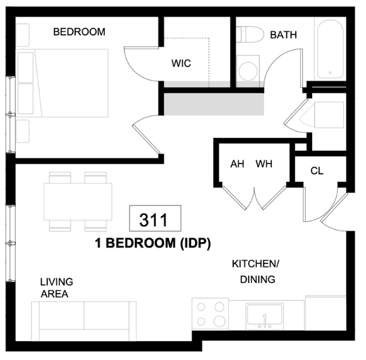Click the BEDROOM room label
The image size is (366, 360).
78,32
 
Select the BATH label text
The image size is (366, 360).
283,35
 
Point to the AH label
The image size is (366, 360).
237,164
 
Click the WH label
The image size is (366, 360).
264,164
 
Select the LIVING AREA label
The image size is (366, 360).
56,288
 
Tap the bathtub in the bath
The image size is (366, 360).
329,50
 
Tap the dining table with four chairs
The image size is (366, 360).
78,201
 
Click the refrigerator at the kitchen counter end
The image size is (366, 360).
325,313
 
